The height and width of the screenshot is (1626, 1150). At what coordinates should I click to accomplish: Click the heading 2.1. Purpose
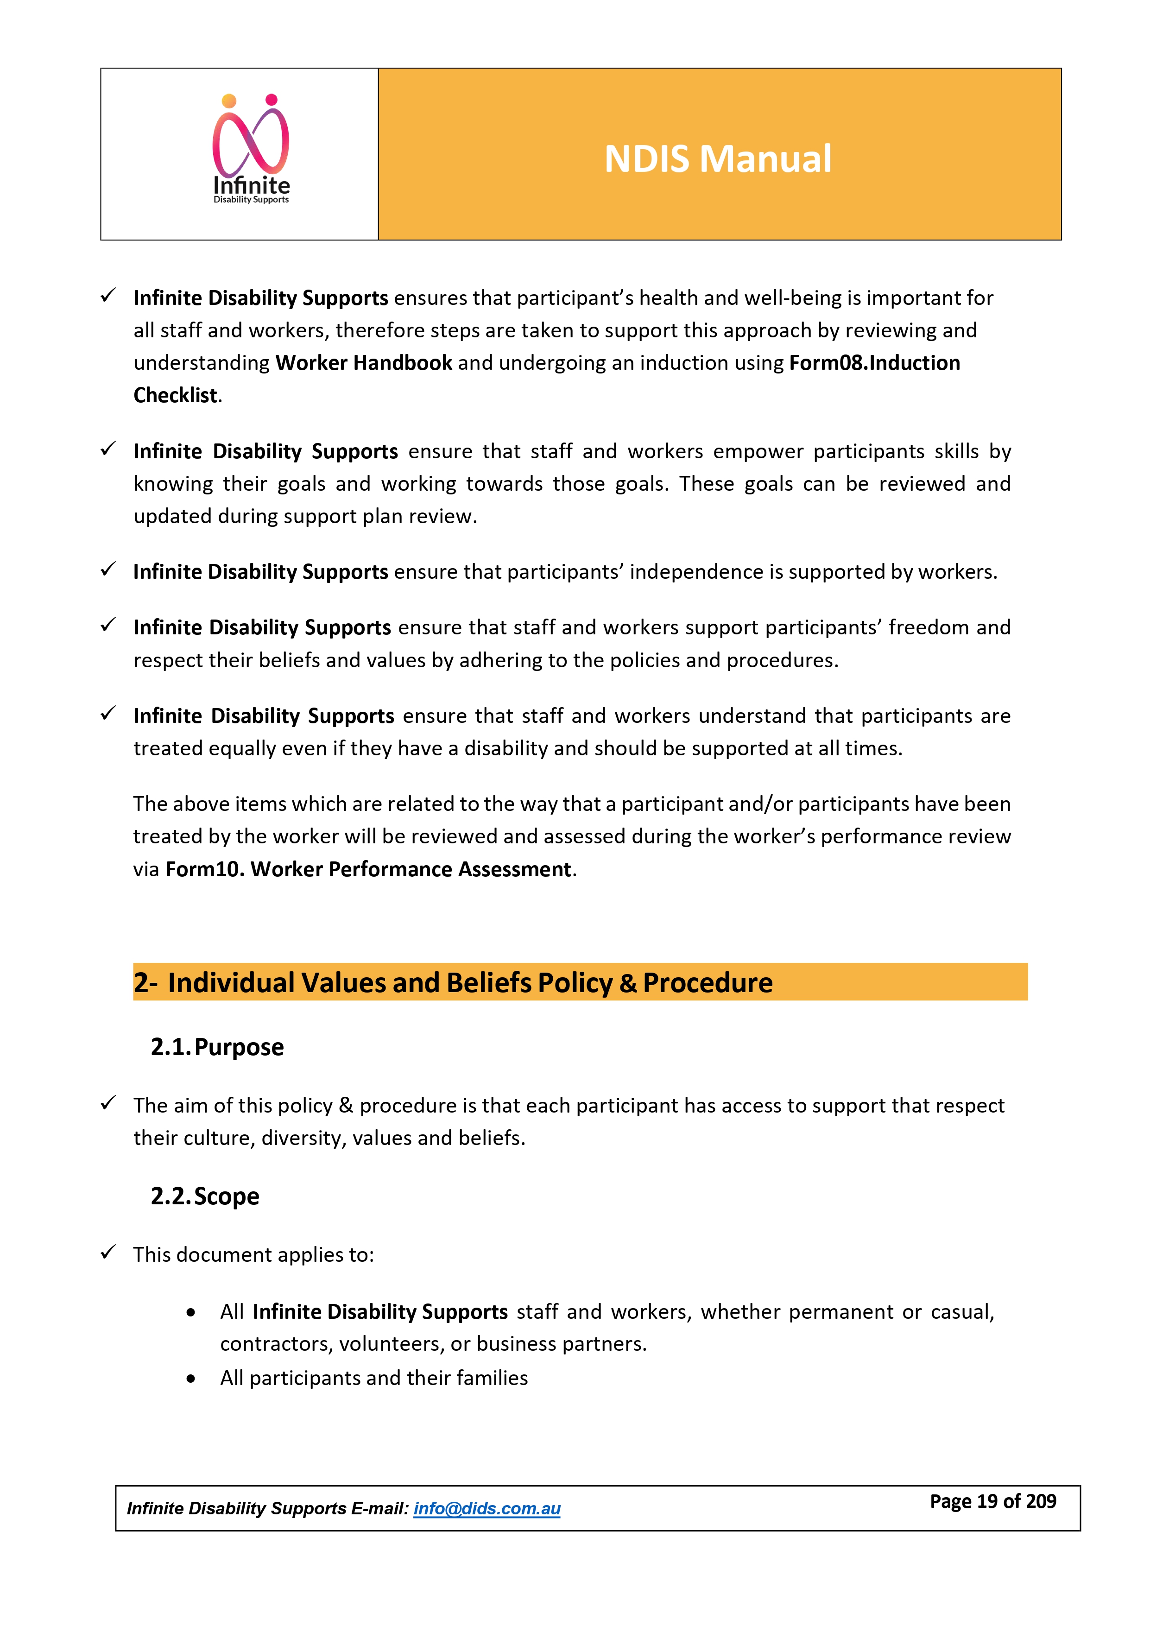click(217, 1047)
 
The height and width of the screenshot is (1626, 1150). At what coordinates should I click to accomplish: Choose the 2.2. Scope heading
click(205, 1196)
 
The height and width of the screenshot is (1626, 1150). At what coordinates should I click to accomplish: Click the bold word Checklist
click(176, 395)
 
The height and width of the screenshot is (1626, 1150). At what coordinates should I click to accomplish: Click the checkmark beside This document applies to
click(108, 1253)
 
